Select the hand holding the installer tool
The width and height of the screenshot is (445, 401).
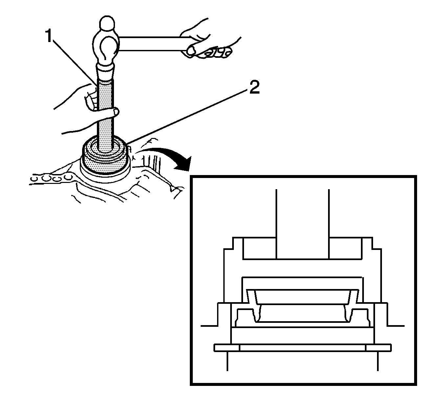[x=82, y=108]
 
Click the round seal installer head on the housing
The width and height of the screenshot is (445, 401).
[x=104, y=158]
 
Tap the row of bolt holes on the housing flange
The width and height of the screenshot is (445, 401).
[x=51, y=179]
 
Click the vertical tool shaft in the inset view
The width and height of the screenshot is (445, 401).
[x=302, y=223]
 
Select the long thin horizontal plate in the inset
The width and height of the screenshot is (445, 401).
[x=302, y=348]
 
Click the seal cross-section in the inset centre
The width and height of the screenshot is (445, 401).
[x=302, y=305]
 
